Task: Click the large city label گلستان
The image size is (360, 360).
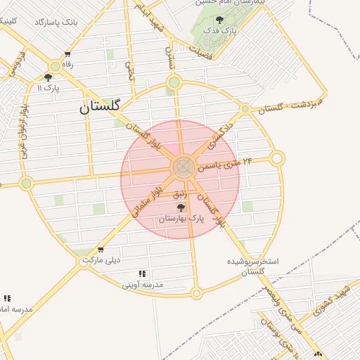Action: tap(100, 108)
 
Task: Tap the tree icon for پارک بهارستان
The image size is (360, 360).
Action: tap(181, 207)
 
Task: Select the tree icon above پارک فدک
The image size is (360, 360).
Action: tap(219, 20)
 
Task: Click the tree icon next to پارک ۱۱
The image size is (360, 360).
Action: tap(48, 78)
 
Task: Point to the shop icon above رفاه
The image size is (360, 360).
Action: tap(67, 54)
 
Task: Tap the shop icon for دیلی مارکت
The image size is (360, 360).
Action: tap(101, 250)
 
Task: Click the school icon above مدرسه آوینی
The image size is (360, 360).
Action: tap(142, 274)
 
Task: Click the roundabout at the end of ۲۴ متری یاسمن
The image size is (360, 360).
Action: tap(277, 159)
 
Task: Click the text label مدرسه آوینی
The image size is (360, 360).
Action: tap(143, 285)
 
